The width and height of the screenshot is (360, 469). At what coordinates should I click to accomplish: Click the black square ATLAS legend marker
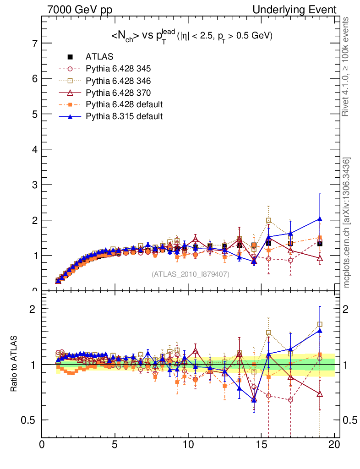(x=70, y=57)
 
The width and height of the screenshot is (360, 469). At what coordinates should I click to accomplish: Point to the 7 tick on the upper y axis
(x=34, y=44)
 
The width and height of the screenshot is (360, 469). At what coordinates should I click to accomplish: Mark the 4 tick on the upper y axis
(x=34, y=149)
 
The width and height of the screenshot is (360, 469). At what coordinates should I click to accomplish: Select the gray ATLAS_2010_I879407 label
(x=191, y=274)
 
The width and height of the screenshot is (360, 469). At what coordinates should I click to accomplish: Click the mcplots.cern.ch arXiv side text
(x=347, y=223)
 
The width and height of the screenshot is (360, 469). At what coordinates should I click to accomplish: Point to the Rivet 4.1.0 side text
(x=347, y=67)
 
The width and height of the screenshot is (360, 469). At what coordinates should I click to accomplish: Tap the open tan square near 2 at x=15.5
(x=268, y=220)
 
